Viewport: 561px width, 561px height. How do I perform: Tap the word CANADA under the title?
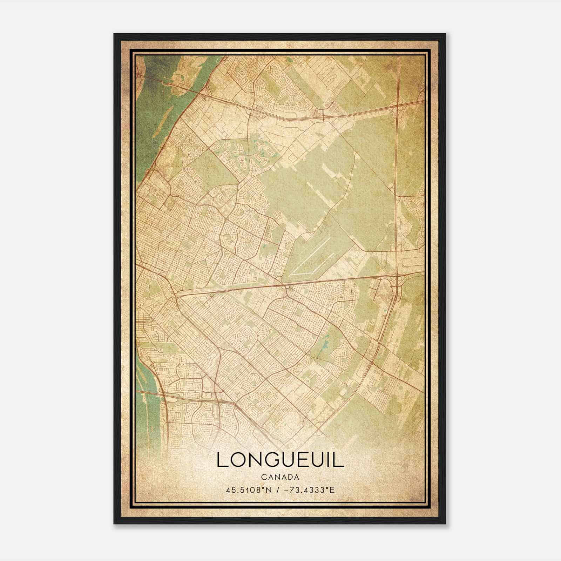pyautogui.click(x=280, y=477)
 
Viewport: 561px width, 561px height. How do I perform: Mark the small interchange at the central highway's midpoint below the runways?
pyautogui.click(x=287, y=288)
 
